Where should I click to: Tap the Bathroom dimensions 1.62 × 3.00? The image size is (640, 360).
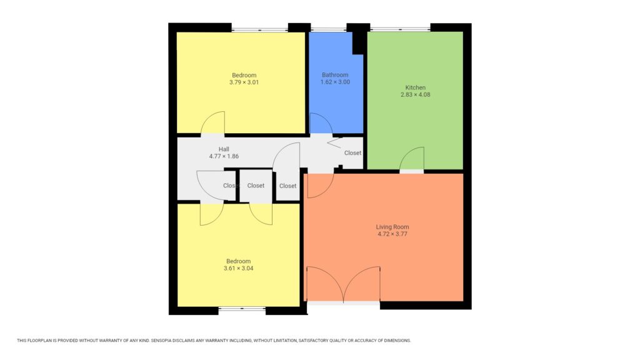(335, 82)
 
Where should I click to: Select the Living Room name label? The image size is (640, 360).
(392, 226)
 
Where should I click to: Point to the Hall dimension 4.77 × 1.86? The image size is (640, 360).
(224, 156)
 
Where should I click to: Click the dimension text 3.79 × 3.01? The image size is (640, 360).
(244, 82)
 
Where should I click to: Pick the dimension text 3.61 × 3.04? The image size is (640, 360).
(238, 268)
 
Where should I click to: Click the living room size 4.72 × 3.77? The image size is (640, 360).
(392, 234)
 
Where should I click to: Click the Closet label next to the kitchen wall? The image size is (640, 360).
(352, 153)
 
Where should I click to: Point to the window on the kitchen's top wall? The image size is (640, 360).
(399, 29)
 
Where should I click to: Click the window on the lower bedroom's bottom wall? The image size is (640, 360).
(242, 308)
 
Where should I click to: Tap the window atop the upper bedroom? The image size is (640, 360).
(259, 29)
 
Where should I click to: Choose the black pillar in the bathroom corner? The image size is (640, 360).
(359, 42)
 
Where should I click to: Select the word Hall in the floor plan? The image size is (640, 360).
(224, 149)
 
